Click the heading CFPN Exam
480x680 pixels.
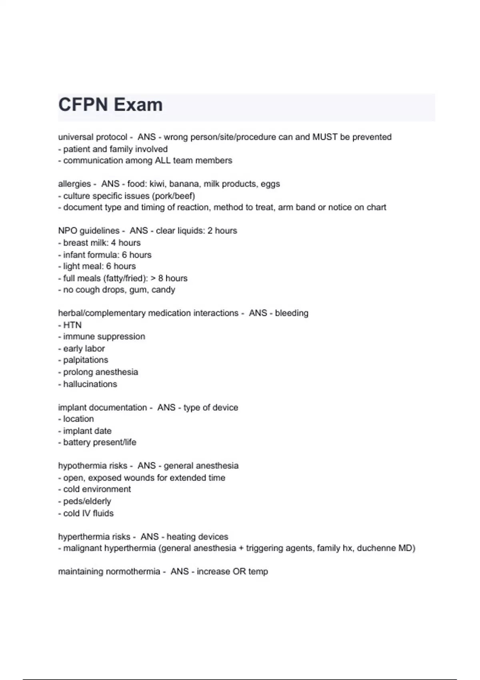(110, 105)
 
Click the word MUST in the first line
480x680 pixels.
(325, 137)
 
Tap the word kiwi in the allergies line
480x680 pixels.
(158, 184)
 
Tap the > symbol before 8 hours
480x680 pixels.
(153, 278)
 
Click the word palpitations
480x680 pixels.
(86, 360)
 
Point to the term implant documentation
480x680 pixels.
(102, 408)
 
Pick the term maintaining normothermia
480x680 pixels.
(109, 572)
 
